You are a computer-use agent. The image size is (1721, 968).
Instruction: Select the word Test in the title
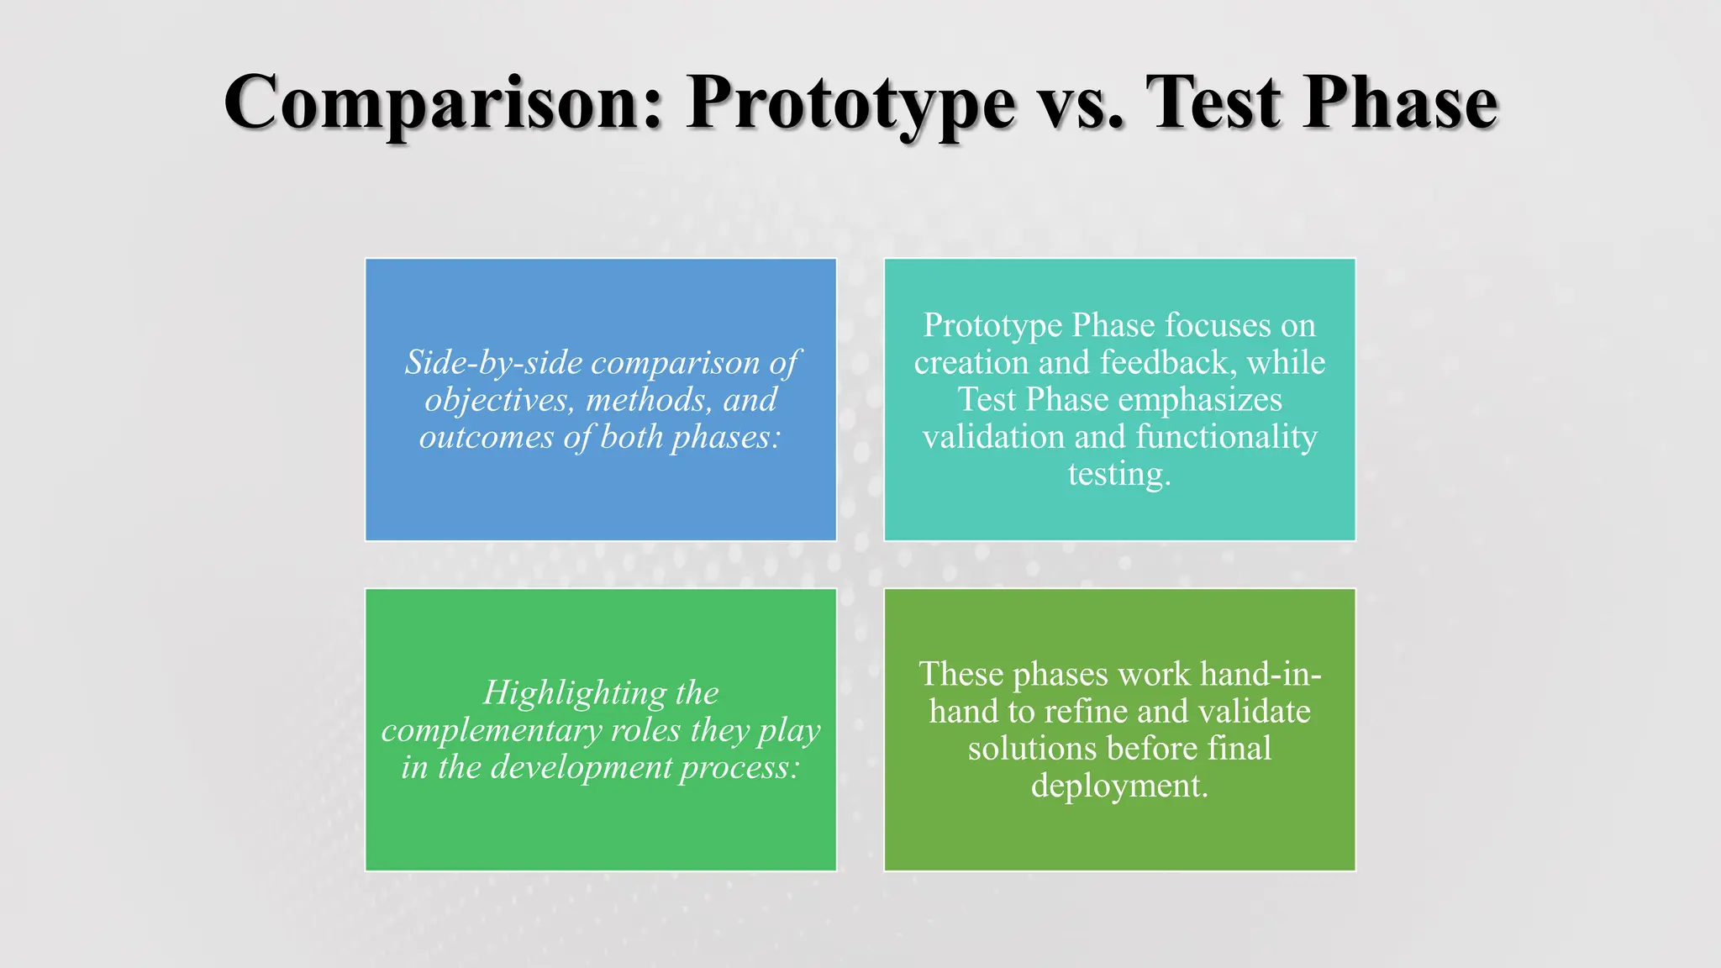pyautogui.click(x=1215, y=103)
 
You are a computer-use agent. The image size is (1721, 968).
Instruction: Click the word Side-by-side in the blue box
pyautogui.click(x=494, y=362)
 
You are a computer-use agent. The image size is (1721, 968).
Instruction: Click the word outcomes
pyautogui.click(x=487, y=436)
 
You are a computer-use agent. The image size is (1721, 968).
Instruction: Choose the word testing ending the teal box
pyautogui.click(x=1118, y=474)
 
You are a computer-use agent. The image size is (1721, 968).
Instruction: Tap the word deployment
pyautogui.click(x=1118, y=786)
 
